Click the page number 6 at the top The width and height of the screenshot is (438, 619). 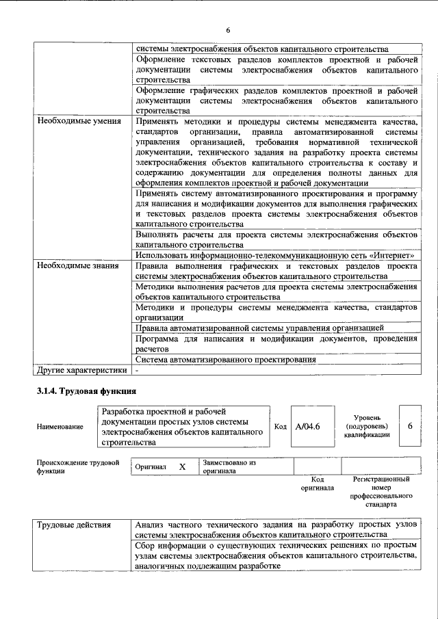pos(229,30)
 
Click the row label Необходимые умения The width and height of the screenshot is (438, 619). pos(77,121)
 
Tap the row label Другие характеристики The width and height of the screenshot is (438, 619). pos(81,370)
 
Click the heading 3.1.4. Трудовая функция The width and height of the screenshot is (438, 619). pos(86,391)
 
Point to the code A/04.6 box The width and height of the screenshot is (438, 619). pos(307,426)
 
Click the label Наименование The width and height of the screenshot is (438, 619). pos(60,427)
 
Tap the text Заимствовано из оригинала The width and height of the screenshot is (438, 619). pos(229,466)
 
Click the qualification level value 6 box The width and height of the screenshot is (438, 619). pos(410,426)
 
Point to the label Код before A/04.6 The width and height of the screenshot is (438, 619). pos(279,426)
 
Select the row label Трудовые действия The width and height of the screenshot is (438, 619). pos(73,525)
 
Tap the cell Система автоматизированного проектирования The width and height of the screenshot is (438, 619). pos(225,359)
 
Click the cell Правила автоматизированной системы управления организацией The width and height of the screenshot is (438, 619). pos(259,328)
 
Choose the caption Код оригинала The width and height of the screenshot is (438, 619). pos(317,484)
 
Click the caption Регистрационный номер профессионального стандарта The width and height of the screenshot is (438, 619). pos(381,492)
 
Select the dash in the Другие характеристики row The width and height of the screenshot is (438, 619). pos(138,370)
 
